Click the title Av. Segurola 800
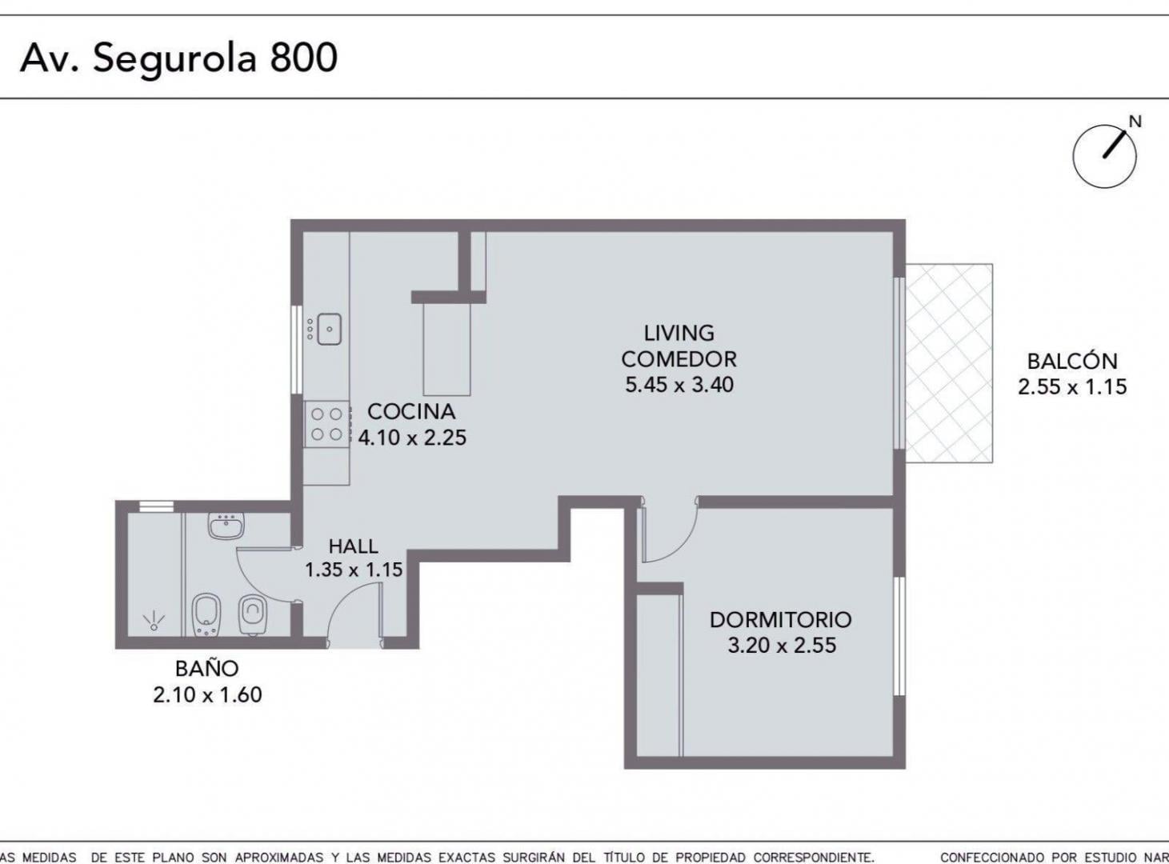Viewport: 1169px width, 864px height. tap(178, 59)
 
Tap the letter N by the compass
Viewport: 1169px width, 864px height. tap(1135, 122)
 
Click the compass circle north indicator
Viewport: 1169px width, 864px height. tap(1104, 157)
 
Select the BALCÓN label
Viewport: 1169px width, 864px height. tap(1072, 361)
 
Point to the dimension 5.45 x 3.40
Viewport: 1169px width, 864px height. tap(679, 385)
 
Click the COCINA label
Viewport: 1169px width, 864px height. tap(411, 412)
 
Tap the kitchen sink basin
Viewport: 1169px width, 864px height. tap(329, 329)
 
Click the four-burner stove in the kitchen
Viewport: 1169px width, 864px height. tap(326, 424)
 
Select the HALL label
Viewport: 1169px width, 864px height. tap(353, 546)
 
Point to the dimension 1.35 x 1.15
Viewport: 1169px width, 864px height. tap(354, 570)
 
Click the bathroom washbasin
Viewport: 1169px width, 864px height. tap(226, 526)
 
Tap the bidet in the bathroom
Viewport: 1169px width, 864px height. tap(206, 615)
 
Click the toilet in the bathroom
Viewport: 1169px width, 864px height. tap(253, 615)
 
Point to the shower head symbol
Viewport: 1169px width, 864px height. tap(154, 621)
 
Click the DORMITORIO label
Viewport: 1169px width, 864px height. tap(781, 620)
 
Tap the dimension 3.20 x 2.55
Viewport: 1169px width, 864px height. tap(782, 646)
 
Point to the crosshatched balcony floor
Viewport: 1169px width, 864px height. tap(949, 363)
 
